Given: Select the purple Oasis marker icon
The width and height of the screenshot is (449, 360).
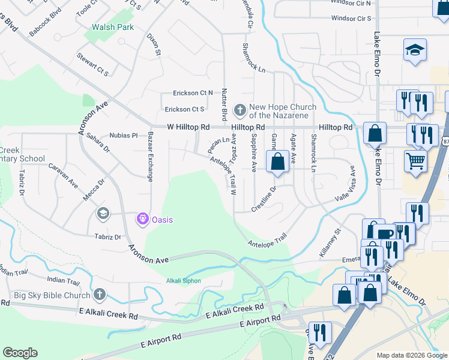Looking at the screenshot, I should point(142,220).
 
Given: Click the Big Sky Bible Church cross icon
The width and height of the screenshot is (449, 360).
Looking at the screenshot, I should point(100,295).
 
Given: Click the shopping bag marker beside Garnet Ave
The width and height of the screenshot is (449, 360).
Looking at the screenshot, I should point(277,162).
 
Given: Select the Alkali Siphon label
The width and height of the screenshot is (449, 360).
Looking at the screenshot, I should point(183,281).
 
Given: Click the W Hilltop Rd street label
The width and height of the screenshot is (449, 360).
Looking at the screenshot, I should point(188,127).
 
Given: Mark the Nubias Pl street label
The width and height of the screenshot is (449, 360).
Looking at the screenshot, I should point(124,136).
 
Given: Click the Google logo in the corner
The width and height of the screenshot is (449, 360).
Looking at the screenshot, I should point(20,353).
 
